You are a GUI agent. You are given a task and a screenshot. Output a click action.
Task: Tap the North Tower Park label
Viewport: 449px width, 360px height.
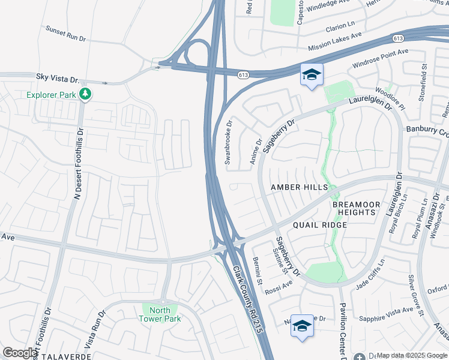coord(160,314)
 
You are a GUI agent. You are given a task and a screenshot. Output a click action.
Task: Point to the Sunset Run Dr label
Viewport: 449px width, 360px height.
coord(67,32)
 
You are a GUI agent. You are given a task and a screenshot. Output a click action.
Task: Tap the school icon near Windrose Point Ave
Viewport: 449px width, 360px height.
coord(312,75)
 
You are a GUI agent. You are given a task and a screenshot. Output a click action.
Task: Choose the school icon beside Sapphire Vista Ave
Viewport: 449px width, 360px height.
coord(302,326)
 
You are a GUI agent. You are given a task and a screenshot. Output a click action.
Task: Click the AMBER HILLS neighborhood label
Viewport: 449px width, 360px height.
coord(299,187)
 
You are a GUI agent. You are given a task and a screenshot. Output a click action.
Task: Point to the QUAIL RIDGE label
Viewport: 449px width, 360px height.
coord(320,225)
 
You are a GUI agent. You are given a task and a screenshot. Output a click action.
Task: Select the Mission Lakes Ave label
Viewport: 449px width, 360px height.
coord(335,41)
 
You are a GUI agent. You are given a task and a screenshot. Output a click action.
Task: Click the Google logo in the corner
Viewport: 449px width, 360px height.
coord(20,353)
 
